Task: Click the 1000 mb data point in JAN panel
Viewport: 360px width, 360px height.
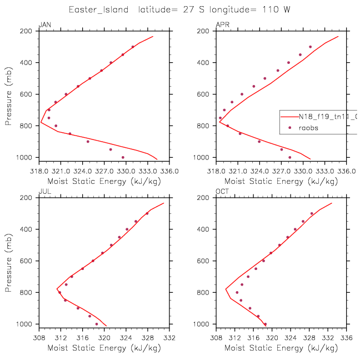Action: coord(123,157)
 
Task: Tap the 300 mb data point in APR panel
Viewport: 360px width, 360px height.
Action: coord(311,47)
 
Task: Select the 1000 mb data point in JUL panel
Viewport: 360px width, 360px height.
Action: coord(97,324)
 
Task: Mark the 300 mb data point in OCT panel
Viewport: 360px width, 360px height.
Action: coord(312,213)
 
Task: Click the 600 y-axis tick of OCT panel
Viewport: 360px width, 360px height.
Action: coord(203,261)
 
